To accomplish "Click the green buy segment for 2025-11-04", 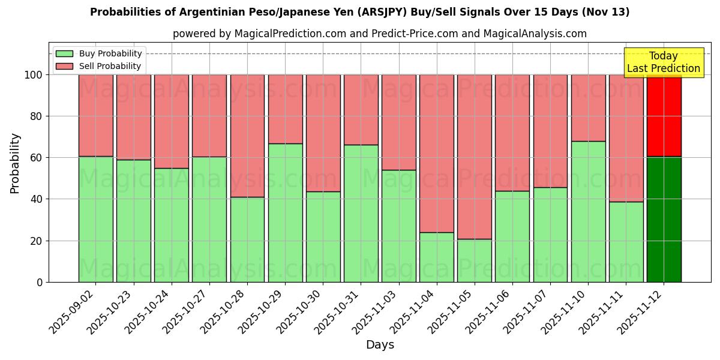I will (436, 257).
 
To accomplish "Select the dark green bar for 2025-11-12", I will (664, 219).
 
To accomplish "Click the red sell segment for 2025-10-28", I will (247, 136).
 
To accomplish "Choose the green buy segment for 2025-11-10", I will (588, 211).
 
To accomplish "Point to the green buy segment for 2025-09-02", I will (95, 219).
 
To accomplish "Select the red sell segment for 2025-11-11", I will (626, 138).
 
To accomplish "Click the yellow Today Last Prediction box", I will (663, 62).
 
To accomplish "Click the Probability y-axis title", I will (15, 163).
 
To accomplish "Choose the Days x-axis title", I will (380, 345).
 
